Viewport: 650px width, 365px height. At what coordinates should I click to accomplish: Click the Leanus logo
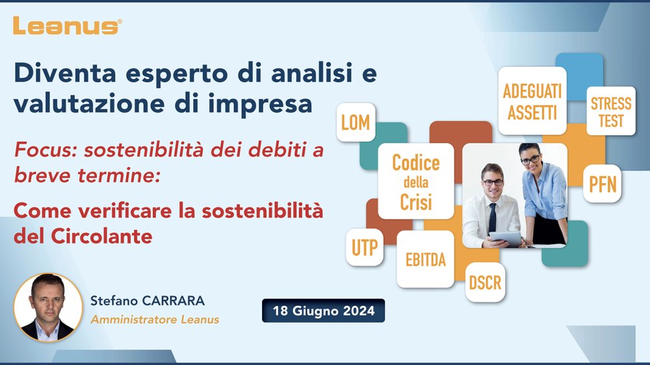(67, 26)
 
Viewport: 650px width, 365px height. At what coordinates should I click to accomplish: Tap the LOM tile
(356, 122)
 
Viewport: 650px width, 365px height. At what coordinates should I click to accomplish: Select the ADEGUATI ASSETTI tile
(532, 101)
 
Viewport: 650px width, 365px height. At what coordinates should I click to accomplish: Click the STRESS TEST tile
(611, 111)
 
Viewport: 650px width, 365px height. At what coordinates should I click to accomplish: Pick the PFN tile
(603, 184)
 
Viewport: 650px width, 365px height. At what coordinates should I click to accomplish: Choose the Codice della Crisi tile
(416, 181)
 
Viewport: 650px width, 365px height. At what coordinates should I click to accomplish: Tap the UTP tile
(365, 247)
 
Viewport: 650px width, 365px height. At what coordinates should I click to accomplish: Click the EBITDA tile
(425, 259)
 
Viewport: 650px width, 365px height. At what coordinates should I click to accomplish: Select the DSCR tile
(485, 282)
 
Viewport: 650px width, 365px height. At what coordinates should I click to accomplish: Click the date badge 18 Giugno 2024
(323, 310)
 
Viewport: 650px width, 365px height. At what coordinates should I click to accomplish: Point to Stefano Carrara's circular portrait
(48, 307)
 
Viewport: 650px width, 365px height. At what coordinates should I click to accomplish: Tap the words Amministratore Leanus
(155, 320)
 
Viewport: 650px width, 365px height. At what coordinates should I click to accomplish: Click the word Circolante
(101, 236)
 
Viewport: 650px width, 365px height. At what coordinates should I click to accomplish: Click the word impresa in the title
(260, 104)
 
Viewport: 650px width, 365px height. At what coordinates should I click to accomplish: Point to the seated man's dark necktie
(492, 217)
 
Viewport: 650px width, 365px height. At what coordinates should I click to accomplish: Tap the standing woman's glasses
(530, 159)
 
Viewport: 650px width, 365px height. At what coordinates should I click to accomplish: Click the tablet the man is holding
(505, 238)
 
